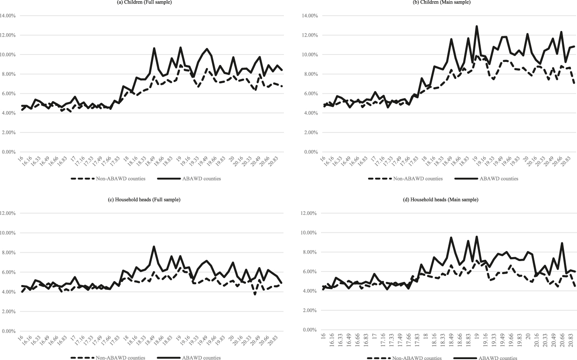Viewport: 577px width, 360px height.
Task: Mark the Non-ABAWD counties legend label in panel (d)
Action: [417, 358]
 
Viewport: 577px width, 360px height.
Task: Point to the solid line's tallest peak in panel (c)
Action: [154, 246]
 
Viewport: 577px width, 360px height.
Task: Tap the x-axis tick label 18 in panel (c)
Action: [126, 339]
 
